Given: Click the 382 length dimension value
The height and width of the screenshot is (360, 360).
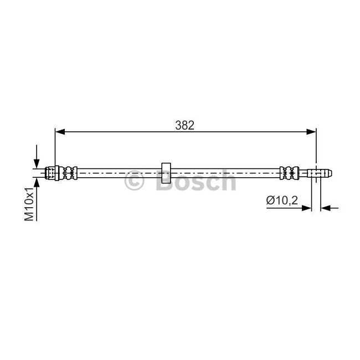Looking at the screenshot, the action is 184,125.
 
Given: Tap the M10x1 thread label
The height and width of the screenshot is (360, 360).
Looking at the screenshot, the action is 29,204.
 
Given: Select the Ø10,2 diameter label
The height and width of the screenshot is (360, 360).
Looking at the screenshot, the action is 282,200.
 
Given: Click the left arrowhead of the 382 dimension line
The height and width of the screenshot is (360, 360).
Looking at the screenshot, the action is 60,132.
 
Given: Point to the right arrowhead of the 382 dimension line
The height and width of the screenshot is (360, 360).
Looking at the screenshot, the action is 311,132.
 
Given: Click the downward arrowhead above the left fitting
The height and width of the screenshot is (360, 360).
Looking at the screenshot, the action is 37,164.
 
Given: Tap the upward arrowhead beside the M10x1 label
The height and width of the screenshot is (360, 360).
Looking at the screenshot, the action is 37,182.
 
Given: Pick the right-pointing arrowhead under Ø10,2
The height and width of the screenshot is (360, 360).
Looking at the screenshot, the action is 307,208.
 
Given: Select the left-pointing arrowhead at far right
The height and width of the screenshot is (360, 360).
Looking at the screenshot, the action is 325,208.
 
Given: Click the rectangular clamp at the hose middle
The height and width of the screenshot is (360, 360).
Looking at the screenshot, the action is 166,173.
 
